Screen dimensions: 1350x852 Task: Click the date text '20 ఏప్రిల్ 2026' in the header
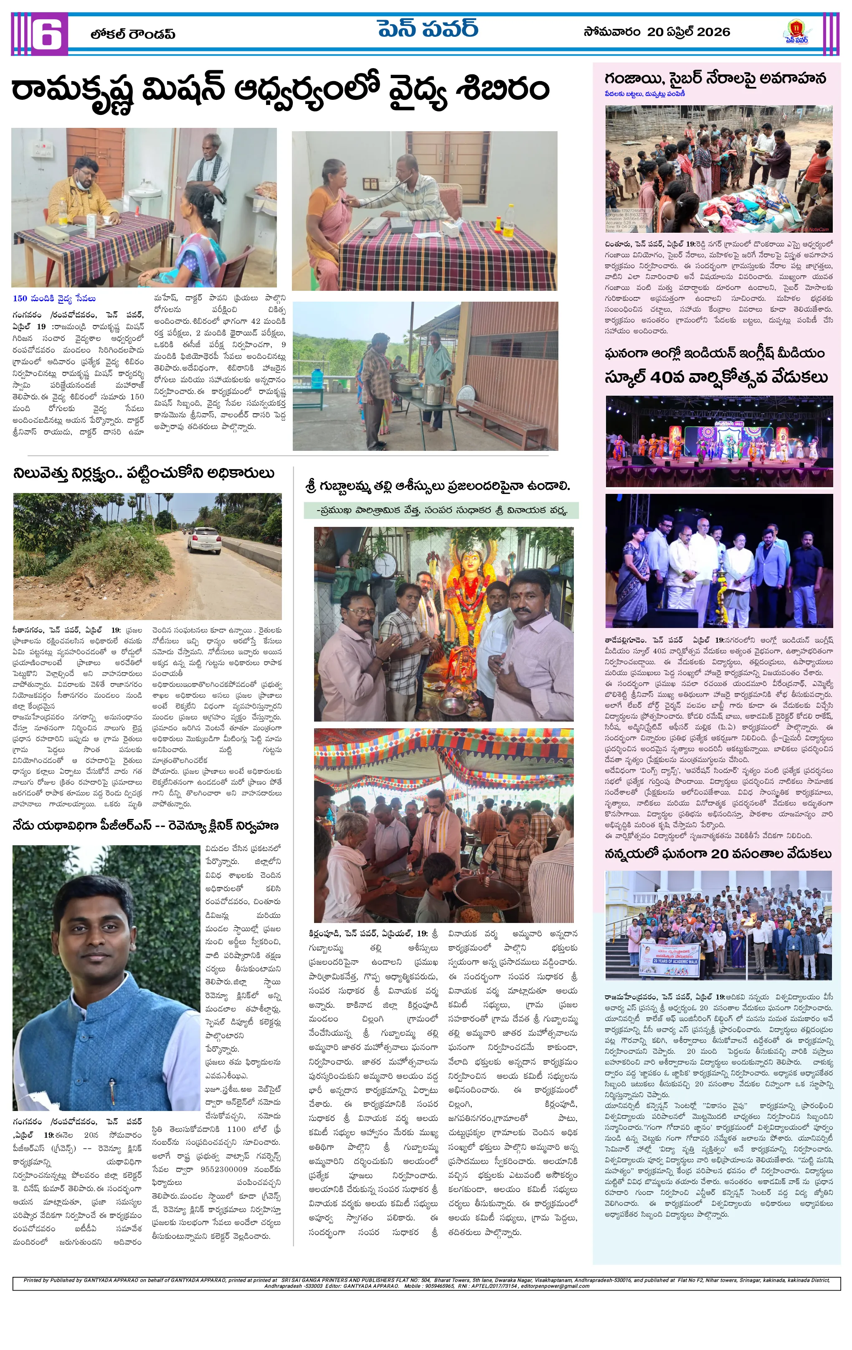(x=688, y=32)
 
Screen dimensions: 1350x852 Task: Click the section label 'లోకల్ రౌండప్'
(x=132, y=34)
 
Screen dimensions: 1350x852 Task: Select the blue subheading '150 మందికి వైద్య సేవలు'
(x=54, y=299)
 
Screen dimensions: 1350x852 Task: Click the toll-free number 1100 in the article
(x=236, y=1129)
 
